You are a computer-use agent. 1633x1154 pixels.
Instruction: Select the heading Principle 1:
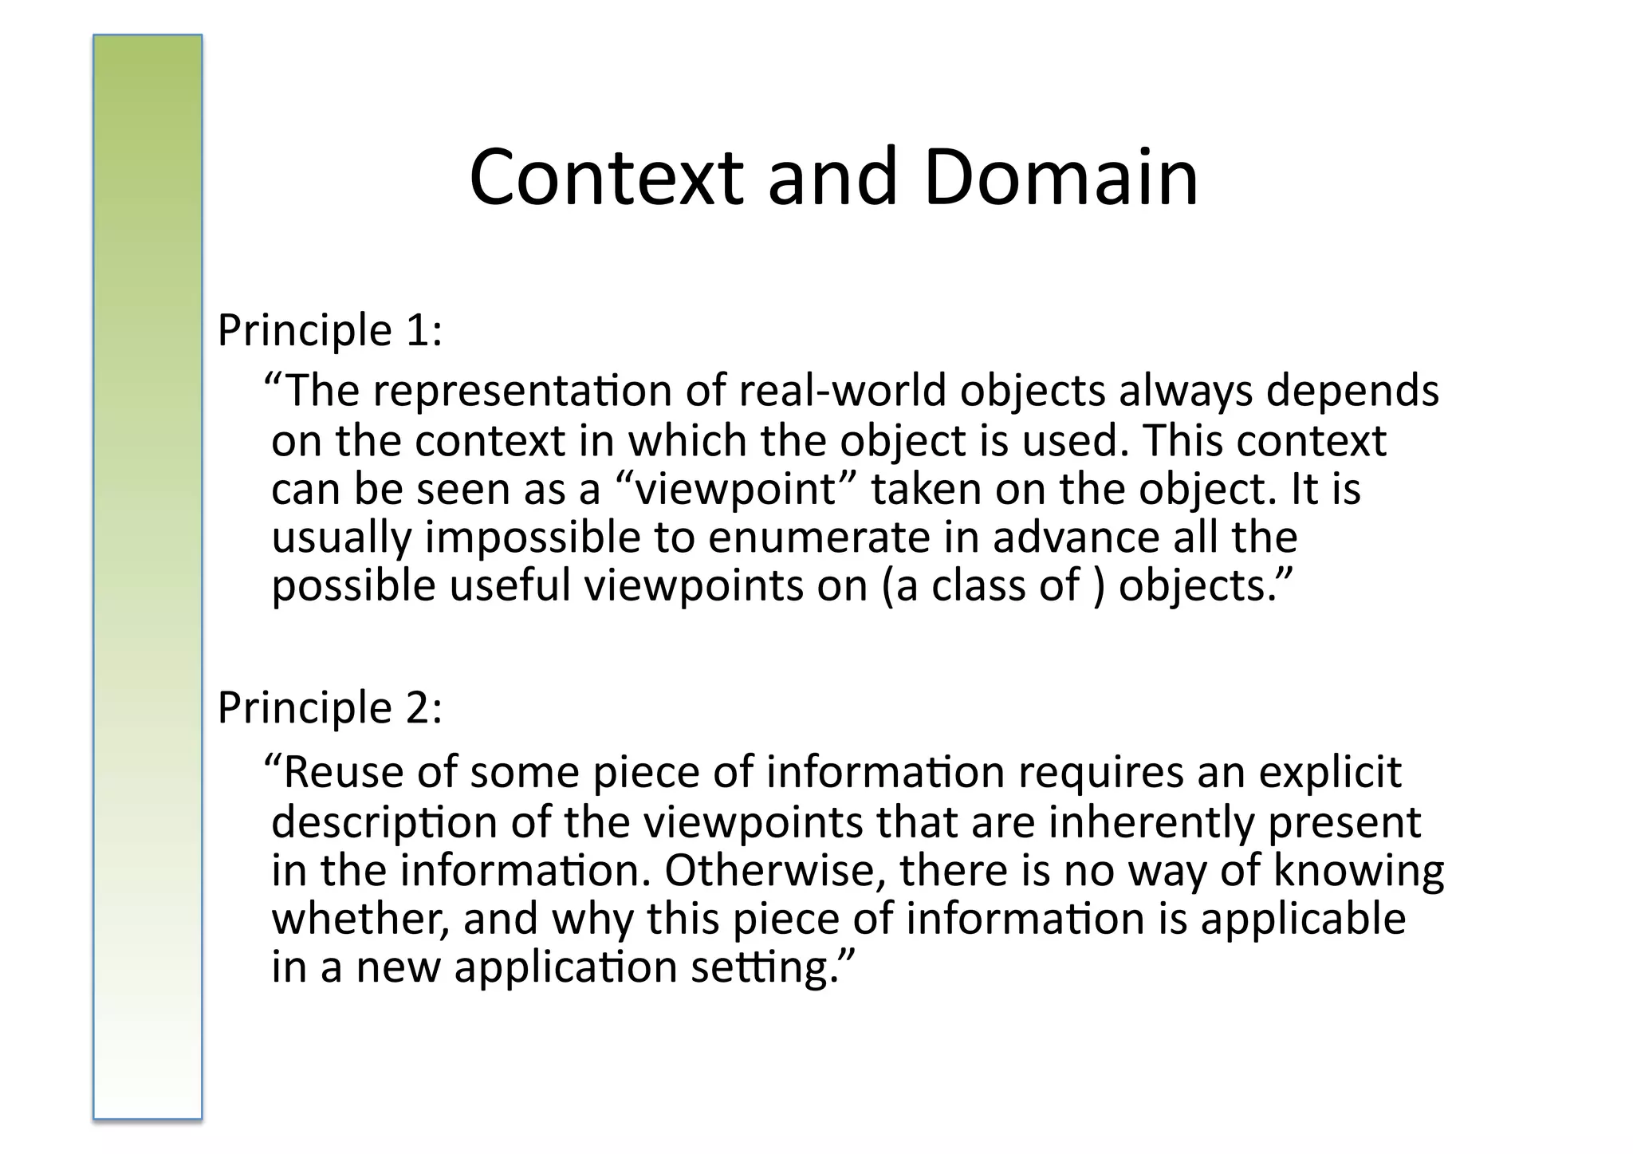pyautogui.click(x=329, y=329)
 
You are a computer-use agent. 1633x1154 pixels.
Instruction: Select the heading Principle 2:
pyautogui.click(x=329, y=707)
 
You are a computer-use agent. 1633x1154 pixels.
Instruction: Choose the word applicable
pyautogui.click(x=1303, y=920)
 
